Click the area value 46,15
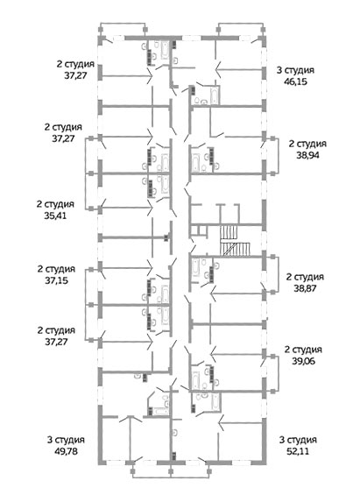pyautogui.click(x=296, y=81)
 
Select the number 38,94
pyautogui.click(x=307, y=155)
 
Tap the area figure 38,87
pyautogui.click(x=305, y=288)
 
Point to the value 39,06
pyautogui.click(x=304, y=361)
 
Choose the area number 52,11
pyautogui.click(x=298, y=451)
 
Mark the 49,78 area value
pyautogui.click(x=66, y=451)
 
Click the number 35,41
pyautogui.click(x=55, y=216)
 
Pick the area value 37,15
pyautogui.click(x=56, y=280)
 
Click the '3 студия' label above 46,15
pyautogui.click(x=296, y=70)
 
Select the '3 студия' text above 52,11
pyautogui.click(x=298, y=440)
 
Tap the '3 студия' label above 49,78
pyautogui.click(x=66, y=440)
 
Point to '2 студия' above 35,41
pyautogui.click(x=55, y=204)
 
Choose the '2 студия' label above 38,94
pyautogui.click(x=307, y=144)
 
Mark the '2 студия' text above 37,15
pyautogui.click(x=56, y=269)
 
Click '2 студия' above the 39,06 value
pyautogui.click(x=304, y=350)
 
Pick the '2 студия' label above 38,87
pyautogui.click(x=305, y=277)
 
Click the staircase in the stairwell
pyautogui.click(x=235, y=241)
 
